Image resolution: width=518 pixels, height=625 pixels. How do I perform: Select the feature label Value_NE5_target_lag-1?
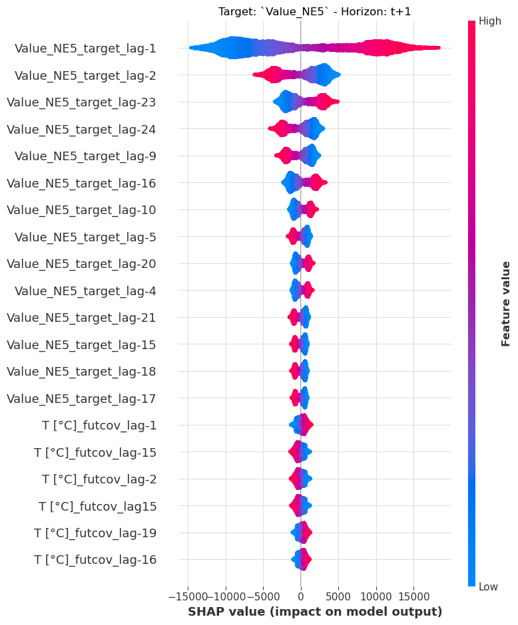point(85,48)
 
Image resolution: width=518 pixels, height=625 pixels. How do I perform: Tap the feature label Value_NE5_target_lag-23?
point(81,102)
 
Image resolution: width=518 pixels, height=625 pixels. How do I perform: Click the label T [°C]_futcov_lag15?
point(97,506)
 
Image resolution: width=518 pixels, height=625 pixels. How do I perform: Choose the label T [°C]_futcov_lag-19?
point(95,533)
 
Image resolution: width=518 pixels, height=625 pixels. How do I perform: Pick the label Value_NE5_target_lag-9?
point(85,156)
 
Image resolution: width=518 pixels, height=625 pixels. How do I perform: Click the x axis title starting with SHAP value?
point(315,611)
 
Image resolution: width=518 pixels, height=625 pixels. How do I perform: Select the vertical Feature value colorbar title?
point(505,303)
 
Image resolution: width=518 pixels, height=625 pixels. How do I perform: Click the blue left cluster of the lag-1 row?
point(230,48)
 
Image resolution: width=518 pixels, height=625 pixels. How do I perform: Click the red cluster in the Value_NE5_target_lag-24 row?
point(282,128)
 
